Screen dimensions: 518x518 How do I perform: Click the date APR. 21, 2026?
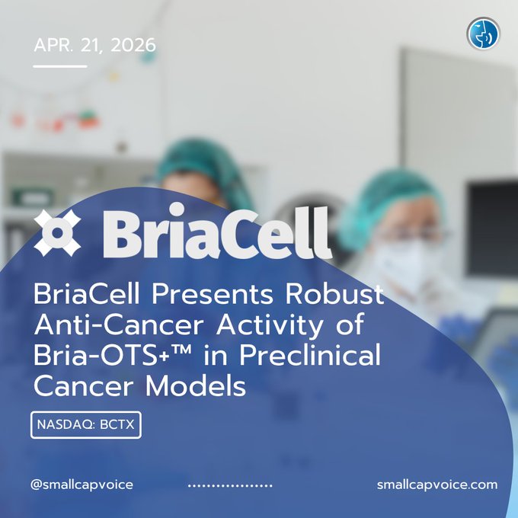click(x=94, y=45)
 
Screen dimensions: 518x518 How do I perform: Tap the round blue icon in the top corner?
click(x=483, y=34)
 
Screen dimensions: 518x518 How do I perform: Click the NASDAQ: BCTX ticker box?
click(x=86, y=425)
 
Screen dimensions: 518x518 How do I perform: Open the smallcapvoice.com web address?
click(x=436, y=484)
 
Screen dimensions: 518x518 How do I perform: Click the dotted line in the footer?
click(x=229, y=485)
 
